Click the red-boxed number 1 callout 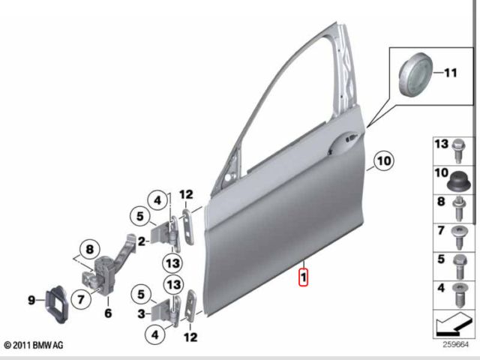click(302, 278)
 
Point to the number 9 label click(31, 300)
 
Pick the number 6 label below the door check click(107, 313)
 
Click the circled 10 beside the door click(382, 160)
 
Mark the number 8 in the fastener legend click(441, 201)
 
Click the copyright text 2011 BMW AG click(34, 345)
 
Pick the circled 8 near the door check click(89, 250)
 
